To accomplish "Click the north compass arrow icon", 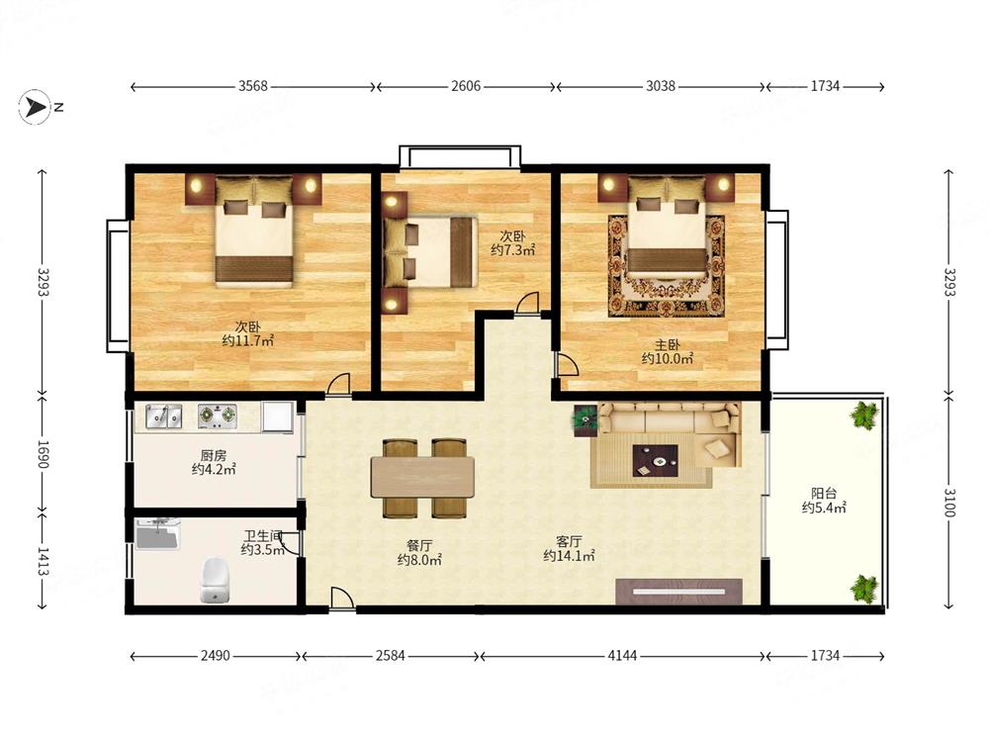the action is coord(35,107).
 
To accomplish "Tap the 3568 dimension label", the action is coord(253,86).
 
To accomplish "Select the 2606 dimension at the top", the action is coord(466,86).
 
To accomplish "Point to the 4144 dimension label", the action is coord(622,656).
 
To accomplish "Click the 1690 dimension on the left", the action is coord(43,454).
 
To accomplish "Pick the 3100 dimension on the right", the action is coord(949,503).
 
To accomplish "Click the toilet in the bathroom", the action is coord(215,579).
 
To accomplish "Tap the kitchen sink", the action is coord(163,417).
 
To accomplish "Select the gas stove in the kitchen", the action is coord(218,417).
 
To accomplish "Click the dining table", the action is coord(422,477).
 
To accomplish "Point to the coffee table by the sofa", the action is coord(656,460).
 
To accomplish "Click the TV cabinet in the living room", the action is coord(678,592).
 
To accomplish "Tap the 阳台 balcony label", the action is coord(824,493).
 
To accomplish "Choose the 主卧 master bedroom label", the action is coord(668,344).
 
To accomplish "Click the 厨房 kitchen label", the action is coord(214,455).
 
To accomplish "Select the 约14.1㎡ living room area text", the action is coord(569,556).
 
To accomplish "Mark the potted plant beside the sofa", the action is coord(585,419).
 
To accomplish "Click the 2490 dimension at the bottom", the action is coord(215,656).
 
